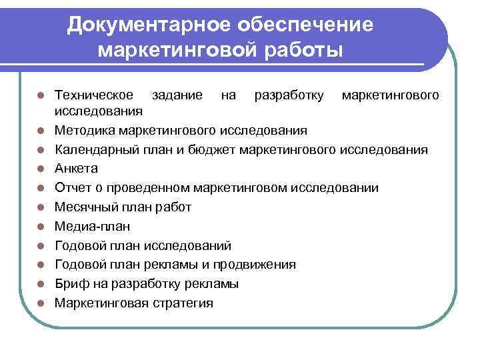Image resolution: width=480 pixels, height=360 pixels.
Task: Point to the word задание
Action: coord(177,95)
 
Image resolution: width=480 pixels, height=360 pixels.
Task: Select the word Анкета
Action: coord(76,168)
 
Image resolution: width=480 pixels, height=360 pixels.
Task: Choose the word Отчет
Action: coord(72,187)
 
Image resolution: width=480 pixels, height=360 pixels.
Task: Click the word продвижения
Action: coord(256,265)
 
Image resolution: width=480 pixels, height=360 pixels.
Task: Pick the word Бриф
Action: coord(71,284)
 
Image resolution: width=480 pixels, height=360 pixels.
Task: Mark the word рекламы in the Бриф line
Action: coord(210,284)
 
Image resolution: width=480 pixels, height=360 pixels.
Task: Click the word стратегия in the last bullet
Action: coord(182,303)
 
